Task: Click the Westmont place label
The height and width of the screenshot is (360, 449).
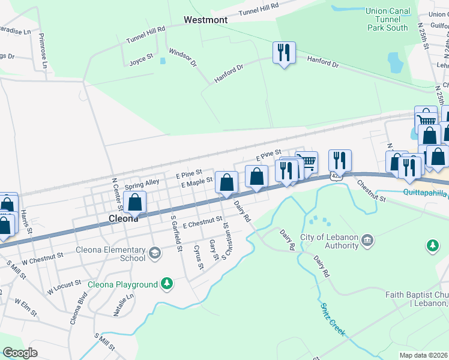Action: pyautogui.click(x=205, y=20)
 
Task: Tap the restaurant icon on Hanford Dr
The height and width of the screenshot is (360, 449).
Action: pyautogui.click(x=283, y=52)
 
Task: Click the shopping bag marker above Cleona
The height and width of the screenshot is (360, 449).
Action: pyautogui.click(x=135, y=202)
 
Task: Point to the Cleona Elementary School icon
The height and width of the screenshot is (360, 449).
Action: pyautogui.click(x=155, y=253)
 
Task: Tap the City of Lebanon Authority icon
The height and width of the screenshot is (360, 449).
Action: pyautogui.click(x=367, y=241)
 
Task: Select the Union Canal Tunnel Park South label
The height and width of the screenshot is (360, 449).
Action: pyautogui.click(x=387, y=19)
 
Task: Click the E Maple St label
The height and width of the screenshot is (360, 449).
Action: pyautogui.click(x=197, y=182)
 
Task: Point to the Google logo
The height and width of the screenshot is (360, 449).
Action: pyautogui.click(x=20, y=353)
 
